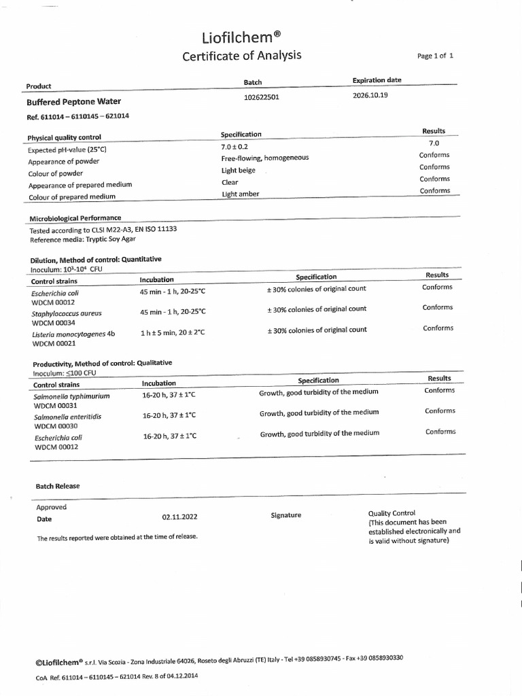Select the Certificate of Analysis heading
(241, 56)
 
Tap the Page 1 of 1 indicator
(435, 56)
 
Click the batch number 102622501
(261, 97)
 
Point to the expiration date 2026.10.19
(370, 95)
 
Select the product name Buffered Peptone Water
(73, 102)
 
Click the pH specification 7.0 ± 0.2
(235, 146)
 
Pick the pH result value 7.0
(434, 143)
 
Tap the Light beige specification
(238, 171)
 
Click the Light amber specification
(241, 194)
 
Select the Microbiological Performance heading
(75, 218)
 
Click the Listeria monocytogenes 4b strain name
(73, 334)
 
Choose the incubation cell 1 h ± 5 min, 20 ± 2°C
(173, 333)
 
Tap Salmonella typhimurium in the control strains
(71, 396)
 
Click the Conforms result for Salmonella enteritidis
(440, 411)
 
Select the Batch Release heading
(58, 486)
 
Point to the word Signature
(285, 515)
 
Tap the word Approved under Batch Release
(52, 507)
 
